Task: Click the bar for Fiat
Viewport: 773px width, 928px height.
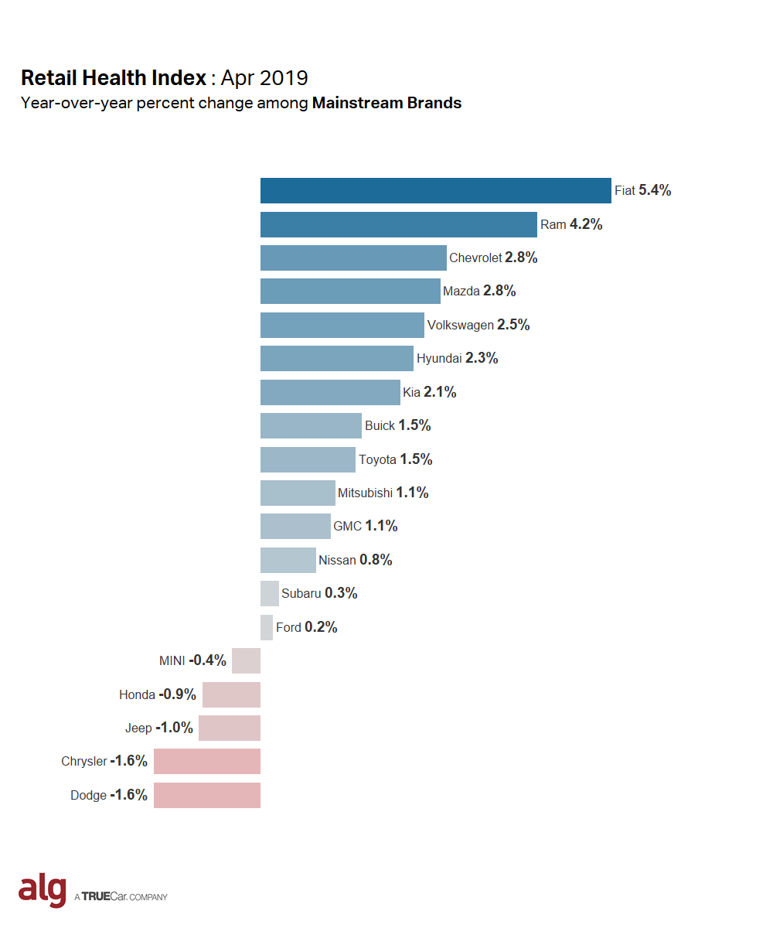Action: pyautogui.click(x=435, y=190)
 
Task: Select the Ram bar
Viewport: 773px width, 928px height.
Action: pyautogui.click(x=398, y=224)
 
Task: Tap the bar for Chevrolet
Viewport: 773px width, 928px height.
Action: pyautogui.click(x=353, y=258)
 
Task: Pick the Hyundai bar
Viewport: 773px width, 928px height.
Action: pyautogui.click(x=336, y=358)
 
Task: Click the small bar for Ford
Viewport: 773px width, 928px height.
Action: pyautogui.click(x=267, y=627)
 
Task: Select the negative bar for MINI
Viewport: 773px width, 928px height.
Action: pyautogui.click(x=246, y=660)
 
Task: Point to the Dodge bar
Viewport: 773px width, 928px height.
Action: pyautogui.click(x=206, y=795)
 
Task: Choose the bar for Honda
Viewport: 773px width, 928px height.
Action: pyautogui.click(x=231, y=694)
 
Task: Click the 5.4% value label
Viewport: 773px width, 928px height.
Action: pyautogui.click(x=655, y=190)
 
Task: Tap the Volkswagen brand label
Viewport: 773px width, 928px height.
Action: pyautogui.click(x=460, y=326)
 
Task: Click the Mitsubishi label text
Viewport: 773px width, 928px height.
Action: pyautogui.click(x=365, y=493)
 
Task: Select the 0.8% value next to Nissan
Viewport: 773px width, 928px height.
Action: pyautogui.click(x=376, y=560)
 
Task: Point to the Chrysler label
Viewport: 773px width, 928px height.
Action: pyautogui.click(x=84, y=762)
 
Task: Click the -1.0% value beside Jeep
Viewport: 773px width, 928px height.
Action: pyautogui.click(x=174, y=728)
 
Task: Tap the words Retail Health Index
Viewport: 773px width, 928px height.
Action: pyautogui.click(x=114, y=78)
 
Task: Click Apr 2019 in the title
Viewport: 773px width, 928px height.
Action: pyautogui.click(x=264, y=78)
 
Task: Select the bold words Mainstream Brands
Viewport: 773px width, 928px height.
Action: pyautogui.click(x=386, y=103)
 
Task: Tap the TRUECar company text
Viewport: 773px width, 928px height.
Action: pyautogui.click(x=122, y=897)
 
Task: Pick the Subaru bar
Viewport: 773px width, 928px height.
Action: pyautogui.click(x=269, y=593)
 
